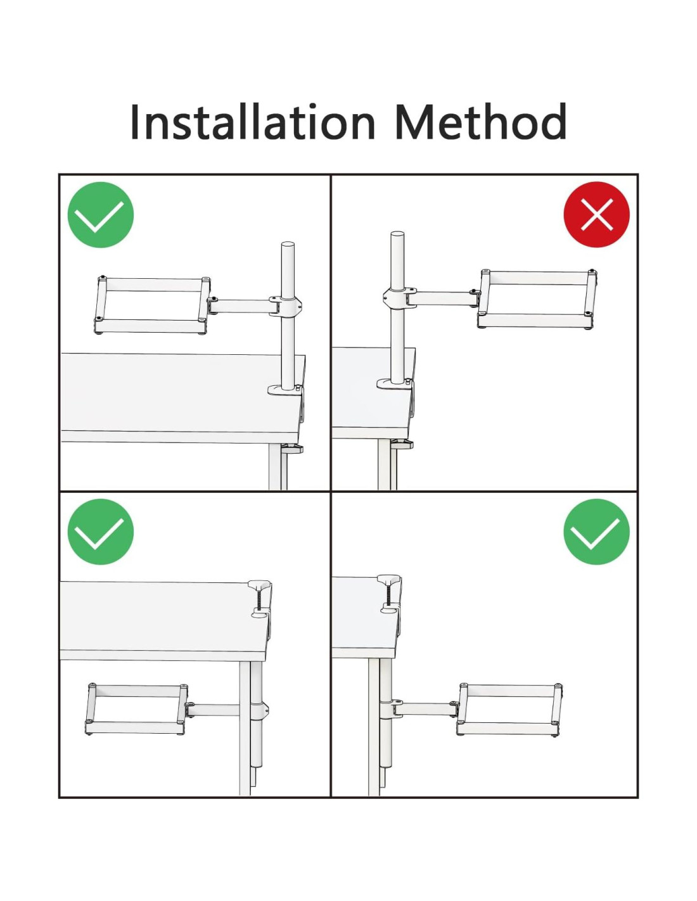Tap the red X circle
[596, 214]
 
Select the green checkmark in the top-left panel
[100, 214]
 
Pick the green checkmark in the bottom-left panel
[100, 531]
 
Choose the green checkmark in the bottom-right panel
[596, 531]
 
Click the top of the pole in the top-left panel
[288, 245]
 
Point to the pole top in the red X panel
[397, 235]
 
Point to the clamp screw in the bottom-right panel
[389, 594]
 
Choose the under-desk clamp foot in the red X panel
[402, 444]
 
